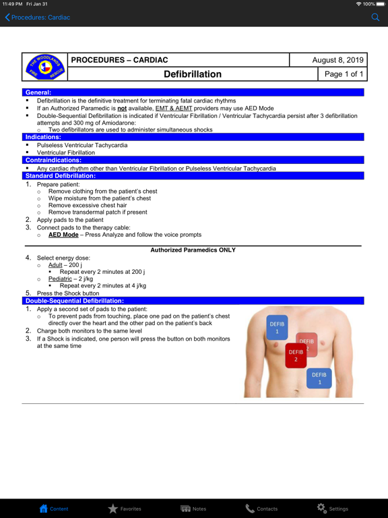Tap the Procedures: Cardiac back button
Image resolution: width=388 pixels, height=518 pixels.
click(38, 18)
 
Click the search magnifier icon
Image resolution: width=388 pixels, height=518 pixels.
click(376, 18)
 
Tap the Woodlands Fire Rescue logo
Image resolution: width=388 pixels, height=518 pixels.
click(45, 67)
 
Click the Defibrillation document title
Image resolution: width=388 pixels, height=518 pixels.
click(193, 74)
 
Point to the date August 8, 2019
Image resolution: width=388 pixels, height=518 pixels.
click(337, 60)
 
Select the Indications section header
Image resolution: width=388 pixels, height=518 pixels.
click(43, 137)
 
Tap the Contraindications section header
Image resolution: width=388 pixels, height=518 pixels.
click(53, 160)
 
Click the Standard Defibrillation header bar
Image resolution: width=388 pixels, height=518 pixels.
click(61, 175)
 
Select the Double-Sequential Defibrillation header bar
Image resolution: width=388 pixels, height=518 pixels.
click(74, 301)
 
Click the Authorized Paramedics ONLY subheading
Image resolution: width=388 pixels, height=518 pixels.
click(193, 250)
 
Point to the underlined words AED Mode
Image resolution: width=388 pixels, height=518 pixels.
click(63, 235)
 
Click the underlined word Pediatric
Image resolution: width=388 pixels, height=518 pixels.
click(60, 279)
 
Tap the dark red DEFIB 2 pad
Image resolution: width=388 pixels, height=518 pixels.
click(295, 355)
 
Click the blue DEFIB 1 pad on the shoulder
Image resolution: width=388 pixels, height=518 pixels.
click(277, 327)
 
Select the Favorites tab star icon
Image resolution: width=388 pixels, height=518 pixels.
click(113, 509)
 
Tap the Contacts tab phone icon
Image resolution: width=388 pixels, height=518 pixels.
click(250, 509)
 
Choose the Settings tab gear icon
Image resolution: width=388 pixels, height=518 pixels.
click(321, 508)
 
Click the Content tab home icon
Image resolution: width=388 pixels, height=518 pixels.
click(44, 509)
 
